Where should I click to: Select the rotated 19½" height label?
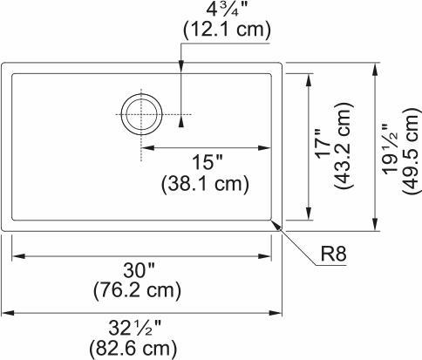pyautogui.click(x=391, y=146)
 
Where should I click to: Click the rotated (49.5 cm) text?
pyautogui.click(x=411, y=146)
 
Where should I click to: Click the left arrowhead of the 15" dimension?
pyautogui.click(x=147, y=147)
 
